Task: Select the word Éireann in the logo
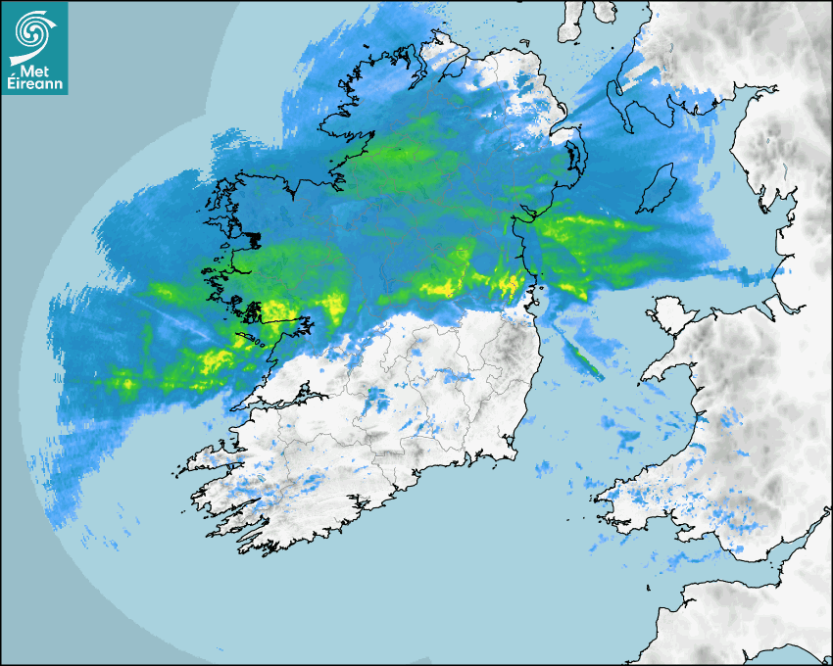(x=35, y=85)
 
